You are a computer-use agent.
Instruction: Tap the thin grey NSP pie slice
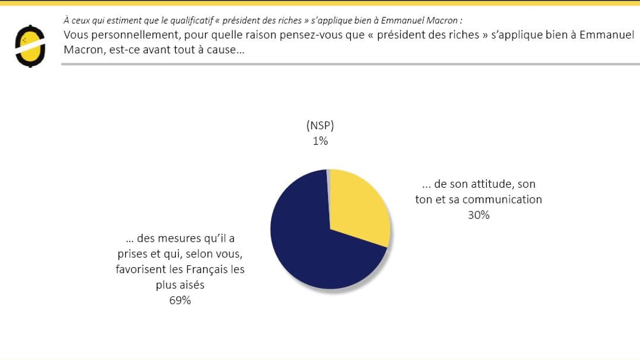point(329,175)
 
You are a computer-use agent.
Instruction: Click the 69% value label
point(180,300)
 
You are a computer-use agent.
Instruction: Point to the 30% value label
point(478,215)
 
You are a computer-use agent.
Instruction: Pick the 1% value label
point(320,141)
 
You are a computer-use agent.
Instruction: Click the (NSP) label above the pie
point(320,126)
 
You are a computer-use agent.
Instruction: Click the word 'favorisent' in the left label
point(141,269)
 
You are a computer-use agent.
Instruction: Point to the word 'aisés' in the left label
point(192,285)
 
